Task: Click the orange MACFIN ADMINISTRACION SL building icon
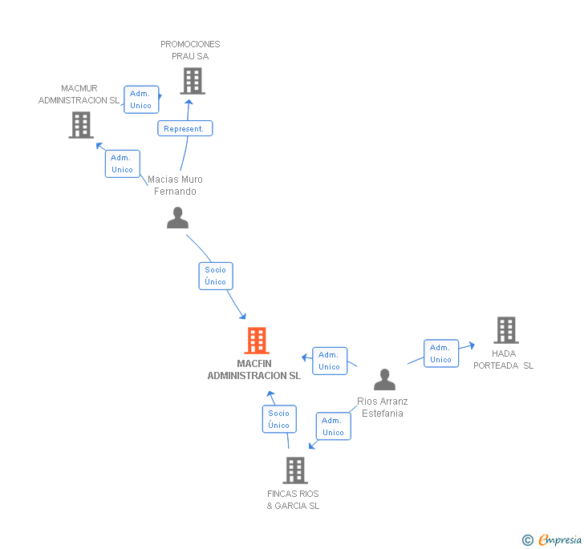tap(256, 341)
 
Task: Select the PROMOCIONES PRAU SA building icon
tap(192, 81)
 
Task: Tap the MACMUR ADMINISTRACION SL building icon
tap(81, 125)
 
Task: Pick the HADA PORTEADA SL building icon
tap(505, 329)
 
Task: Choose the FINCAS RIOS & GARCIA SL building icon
tap(295, 470)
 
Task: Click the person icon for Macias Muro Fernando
tap(177, 217)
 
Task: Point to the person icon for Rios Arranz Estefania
tap(384, 379)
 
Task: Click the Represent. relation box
tap(185, 128)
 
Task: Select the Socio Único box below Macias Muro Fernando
tap(216, 276)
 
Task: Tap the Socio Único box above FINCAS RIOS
tap(278, 419)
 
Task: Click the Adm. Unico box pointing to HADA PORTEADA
tap(440, 353)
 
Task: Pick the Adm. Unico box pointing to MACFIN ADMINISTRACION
tap(330, 361)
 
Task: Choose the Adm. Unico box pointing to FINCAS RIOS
tap(333, 426)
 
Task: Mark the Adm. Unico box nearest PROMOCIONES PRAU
tap(140, 99)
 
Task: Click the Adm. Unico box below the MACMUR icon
tap(122, 163)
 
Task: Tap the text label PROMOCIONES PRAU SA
tap(190, 50)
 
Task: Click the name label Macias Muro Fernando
tap(175, 185)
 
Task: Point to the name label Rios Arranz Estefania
tap(383, 407)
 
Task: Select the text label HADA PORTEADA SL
tap(514, 360)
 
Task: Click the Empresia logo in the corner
tap(553, 540)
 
